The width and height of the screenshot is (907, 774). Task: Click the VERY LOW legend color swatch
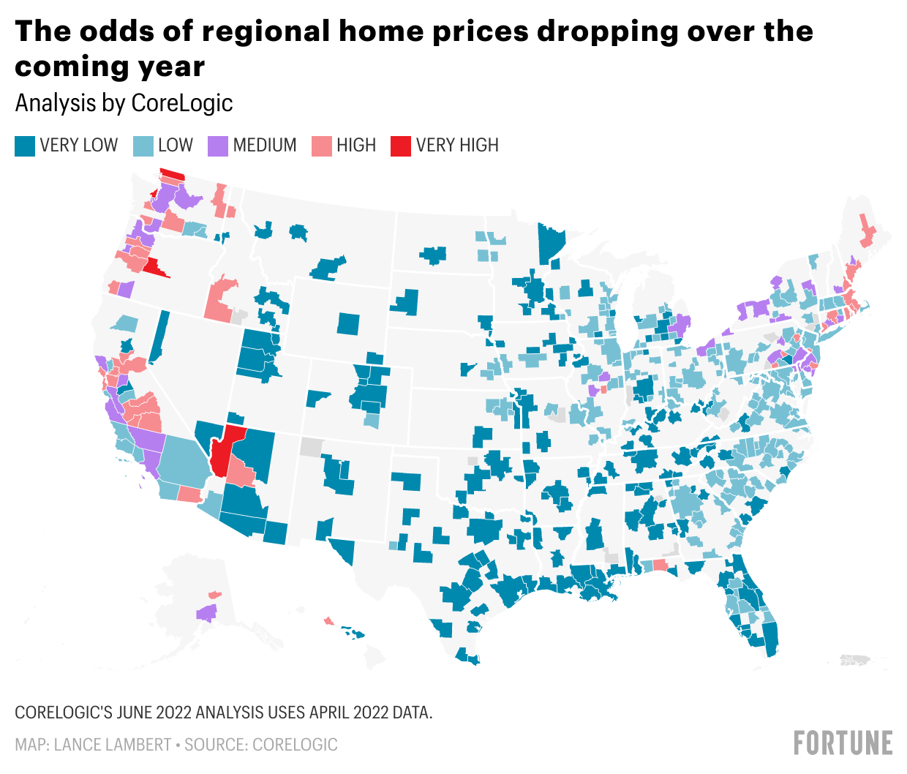[x=24, y=146]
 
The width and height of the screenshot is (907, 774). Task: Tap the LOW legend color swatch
[x=143, y=146]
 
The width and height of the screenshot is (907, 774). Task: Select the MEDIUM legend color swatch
[x=217, y=146]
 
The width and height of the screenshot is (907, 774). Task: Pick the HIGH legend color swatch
[x=321, y=146]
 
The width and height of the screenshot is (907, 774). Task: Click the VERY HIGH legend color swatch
[x=400, y=146]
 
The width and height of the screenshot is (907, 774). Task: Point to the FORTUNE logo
[x=843, y=743]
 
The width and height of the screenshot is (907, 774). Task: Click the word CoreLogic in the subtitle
[x=182, y=103]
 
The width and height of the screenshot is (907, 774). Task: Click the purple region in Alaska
[x=207, y=612]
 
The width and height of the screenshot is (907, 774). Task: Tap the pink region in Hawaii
[x=328, y=621]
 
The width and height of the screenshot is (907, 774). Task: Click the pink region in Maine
[x=867, y=233]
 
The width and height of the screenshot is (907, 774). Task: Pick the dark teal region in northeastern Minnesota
[x=551, y=243]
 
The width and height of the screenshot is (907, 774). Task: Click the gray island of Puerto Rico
[x=854, y=660]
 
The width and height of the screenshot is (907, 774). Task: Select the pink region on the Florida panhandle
[x=660, y=564]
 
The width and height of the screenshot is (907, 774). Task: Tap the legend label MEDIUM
[x=265, y=146]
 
